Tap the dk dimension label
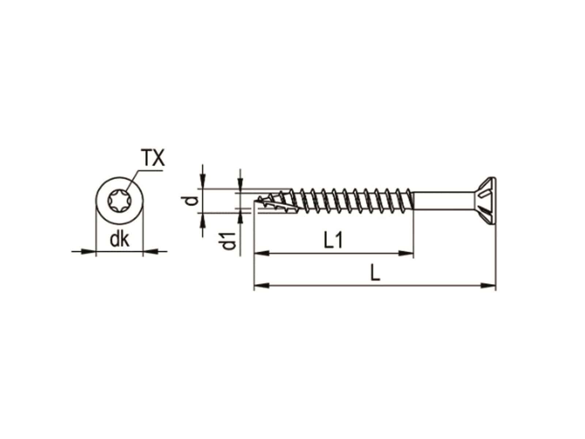click(x=120, y=240)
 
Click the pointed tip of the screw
click(x=256, y=201)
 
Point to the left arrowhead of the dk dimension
click(x=88, y=251)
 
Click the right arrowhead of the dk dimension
click(x=150, y=251)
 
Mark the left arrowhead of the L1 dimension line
click(x=262, y=252)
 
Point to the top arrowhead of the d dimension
click(x=202, y=183)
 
